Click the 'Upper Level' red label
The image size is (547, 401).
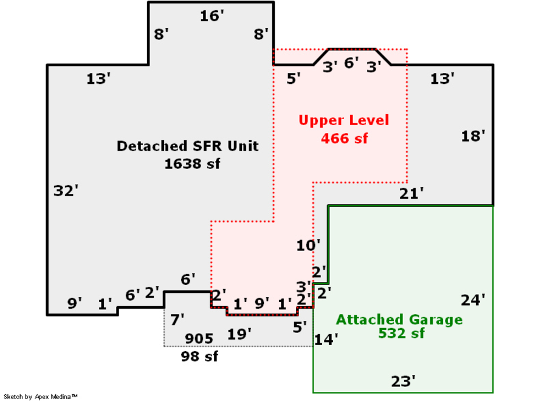tap(343, 120)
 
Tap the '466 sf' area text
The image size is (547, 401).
tap(344, 139)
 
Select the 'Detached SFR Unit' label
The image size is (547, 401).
tap(187, 146)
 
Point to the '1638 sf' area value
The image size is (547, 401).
tap(192, 163)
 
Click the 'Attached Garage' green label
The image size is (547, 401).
tap(399, 320)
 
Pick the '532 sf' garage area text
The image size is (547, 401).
tap(401, 333)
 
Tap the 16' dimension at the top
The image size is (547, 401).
tap(212, 16)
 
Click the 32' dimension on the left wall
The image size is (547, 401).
tap(66, 191)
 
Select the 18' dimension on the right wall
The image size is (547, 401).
tap(473, 136)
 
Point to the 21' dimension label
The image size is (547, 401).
tap(411, 194)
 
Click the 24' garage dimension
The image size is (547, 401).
tap(472, 300)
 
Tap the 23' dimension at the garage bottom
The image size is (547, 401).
tap(403, 382)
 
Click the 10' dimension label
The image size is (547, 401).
tap(308, 245)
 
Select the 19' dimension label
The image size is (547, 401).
tap(239, 334)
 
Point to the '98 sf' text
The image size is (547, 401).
tap(199, 357)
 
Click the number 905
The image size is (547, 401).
tap(199, 338)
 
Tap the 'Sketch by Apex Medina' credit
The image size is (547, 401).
tap(41, 397)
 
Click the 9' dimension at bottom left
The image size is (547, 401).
tap(75, 303)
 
